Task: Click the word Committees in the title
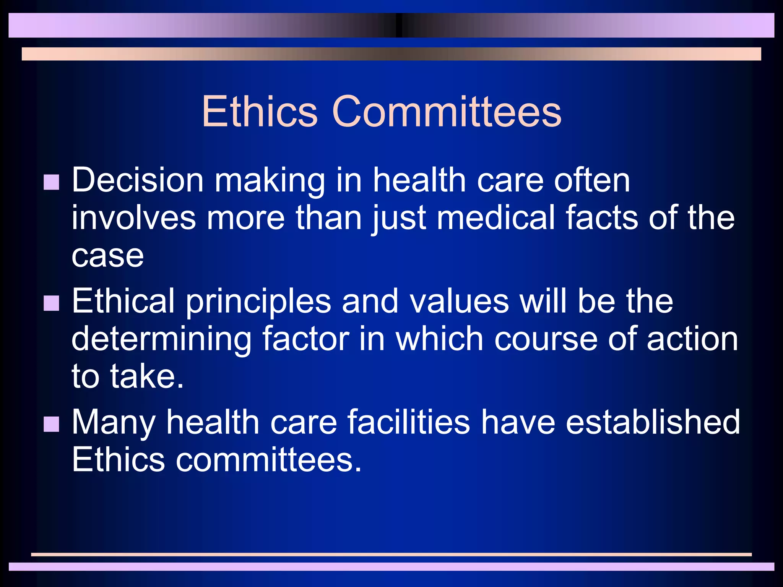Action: pyautogui.click(x=447, y=111)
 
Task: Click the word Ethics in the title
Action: pyautogui.click(x=260, y=111)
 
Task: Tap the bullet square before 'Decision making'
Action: pyautogui.click(x=52, y=182)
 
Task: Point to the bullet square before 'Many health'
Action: pyautogui.click(x=52, y=424)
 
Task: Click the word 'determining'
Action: pyautogui.click(x=161, y=339)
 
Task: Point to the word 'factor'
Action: pyautogui.click(x=305, y=339)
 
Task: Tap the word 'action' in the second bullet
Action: pyautogui.click(x=692, y=339)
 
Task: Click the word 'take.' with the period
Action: pyautogui.click(x=147, y=376)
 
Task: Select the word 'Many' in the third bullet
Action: pyautogui.click(x=114, y=423)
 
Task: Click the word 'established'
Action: pyautogui.click(x=653, y=422)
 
